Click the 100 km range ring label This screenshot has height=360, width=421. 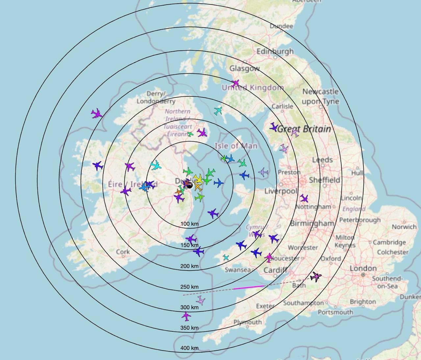tap(189, 224)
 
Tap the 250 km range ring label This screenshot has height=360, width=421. tap(189, 287)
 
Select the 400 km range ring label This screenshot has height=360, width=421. tap(189, 348)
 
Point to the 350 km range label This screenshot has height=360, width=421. tap(189, 328)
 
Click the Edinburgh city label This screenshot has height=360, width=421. tap(275, 52)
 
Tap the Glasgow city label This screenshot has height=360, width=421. tap(244, 68)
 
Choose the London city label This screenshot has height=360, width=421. tap(363, 269)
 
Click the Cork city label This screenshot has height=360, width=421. tap(123, 252)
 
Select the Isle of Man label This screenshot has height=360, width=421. tap(236, 145)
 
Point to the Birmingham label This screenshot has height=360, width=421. tap(312, 223)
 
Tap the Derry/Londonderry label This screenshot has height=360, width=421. tap(156, 97)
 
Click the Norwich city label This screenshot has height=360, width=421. tap(404, 227)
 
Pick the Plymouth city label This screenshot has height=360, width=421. tap(248, 322)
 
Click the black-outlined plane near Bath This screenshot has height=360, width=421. tap(316, 277)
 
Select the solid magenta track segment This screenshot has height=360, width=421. tap(249, 288)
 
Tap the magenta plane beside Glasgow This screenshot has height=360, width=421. tap(235, 84)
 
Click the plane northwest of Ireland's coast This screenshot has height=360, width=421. tap(96, 114)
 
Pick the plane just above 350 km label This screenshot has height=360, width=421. tap(186, 317)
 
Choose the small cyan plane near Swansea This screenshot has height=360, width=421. tap(226, 258)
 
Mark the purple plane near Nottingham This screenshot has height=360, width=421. tap(304, 198)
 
